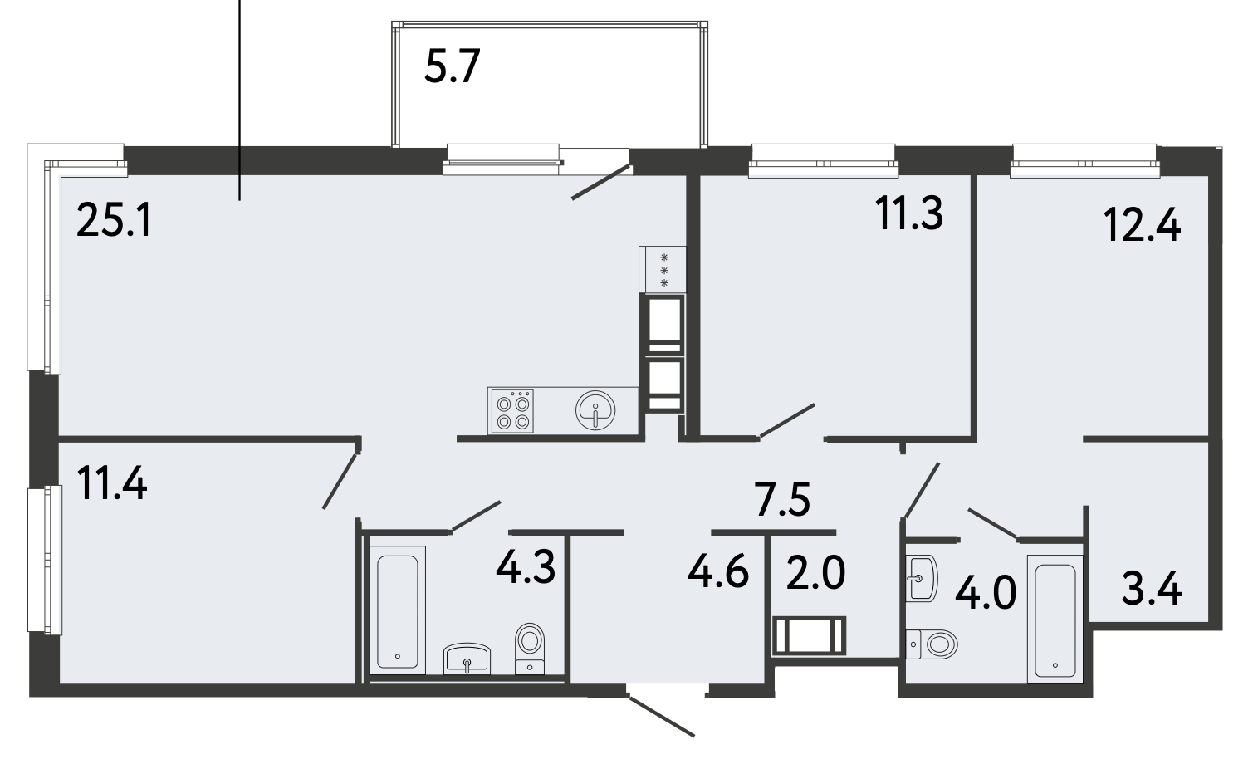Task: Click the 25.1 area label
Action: pos(114,220)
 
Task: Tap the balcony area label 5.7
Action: pos(452,66)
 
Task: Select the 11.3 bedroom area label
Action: pos(909,213)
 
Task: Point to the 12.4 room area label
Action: pos(1143,225)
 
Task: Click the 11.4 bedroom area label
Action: pos(112,483)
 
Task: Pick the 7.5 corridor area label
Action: pos(782,499)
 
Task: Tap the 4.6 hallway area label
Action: pos(717,572)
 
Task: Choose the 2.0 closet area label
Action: pos(815,572)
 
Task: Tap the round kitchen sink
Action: pos(595,410)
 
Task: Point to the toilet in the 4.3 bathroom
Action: pos(529,649)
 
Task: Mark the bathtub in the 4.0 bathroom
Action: pos(1055,620)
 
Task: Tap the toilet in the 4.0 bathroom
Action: pos(932,644)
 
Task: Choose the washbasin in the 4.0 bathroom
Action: pos(921,578)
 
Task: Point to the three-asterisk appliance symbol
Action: pos(664,270)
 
